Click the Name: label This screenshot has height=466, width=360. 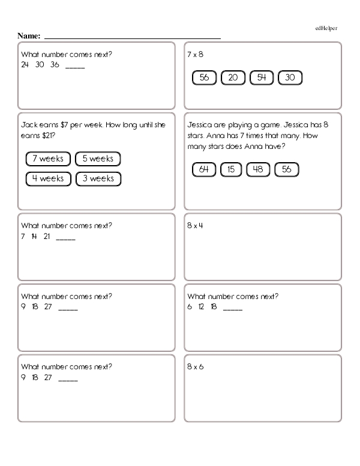tap(29, 36)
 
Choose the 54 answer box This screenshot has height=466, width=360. tap(261, 77)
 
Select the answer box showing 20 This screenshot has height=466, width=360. tap(233, 77)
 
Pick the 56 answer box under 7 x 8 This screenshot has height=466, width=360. tap(204, 77)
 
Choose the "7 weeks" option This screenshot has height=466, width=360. tap(49, 159)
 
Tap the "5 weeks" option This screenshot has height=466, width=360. tap(98, 159)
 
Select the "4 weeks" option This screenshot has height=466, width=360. tap(49, 178)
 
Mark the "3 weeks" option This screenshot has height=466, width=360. tap(98, 178)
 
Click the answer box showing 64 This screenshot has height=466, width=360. tap(204, 169)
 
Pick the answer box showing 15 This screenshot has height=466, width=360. tap(231, 169)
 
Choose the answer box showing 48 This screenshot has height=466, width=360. tap(258, 169)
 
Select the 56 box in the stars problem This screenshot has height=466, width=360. tap(286, 169)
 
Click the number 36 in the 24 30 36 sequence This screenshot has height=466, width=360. tap(55, 64)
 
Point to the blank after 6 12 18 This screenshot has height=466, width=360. tap(233, 307)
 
